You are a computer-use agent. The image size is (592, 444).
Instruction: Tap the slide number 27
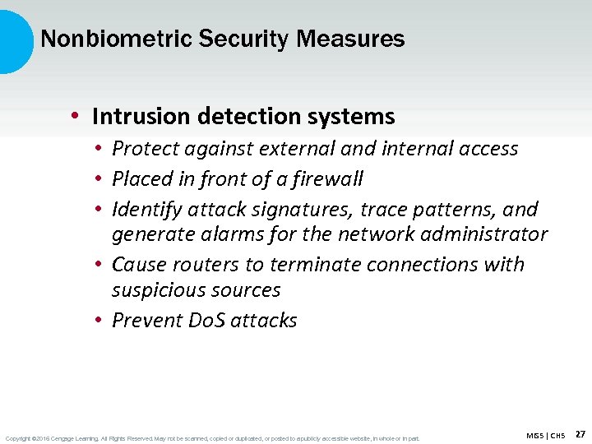click(580, 433)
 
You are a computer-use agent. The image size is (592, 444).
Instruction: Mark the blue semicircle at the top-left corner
click(14, 41)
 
